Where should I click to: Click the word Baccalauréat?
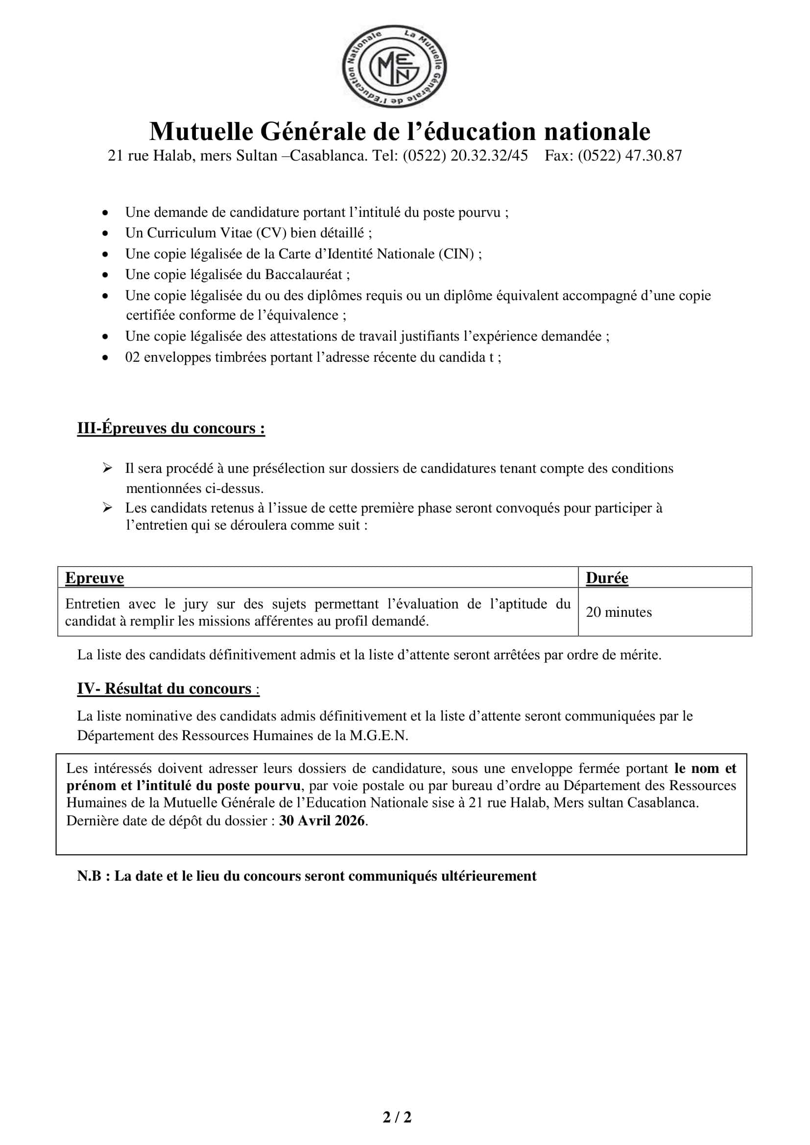coord(304,275)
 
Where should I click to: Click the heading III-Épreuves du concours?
coord(170,428)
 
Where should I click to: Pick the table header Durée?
coord(606,578)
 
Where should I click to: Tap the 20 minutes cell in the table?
coord(619,612)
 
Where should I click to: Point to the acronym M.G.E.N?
coord(379,736)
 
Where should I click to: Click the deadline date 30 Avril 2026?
coord(322,820)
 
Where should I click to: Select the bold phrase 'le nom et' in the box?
coord(705,769)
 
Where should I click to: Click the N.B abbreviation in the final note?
coord(89,876)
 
